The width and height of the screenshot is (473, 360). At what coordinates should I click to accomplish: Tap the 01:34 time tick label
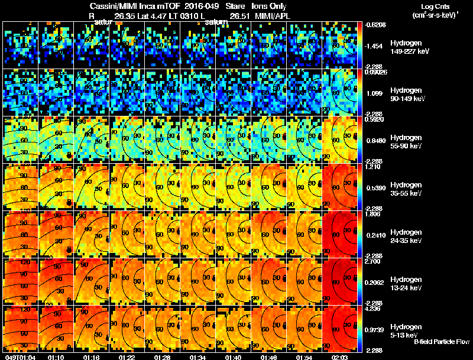pyautogui.click(x=198, y=358)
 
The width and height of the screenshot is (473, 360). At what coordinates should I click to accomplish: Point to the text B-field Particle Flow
pyautogui.click(x=442, y=342)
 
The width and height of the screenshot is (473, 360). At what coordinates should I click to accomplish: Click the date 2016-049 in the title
pyautogui.click(x=200, y=6)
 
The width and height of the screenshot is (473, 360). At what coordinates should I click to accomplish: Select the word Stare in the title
pyautogui.click(x=235, y=6)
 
